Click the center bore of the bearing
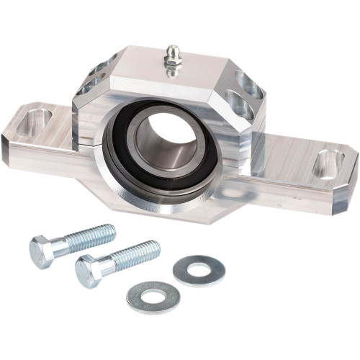point(162,140)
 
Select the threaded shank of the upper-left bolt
point(87,238)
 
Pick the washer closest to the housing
point(199,270)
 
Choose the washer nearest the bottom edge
point(153,295)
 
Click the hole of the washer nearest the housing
point(199,270)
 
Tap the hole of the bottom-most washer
point(153,295)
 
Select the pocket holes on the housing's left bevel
point(96,76)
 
